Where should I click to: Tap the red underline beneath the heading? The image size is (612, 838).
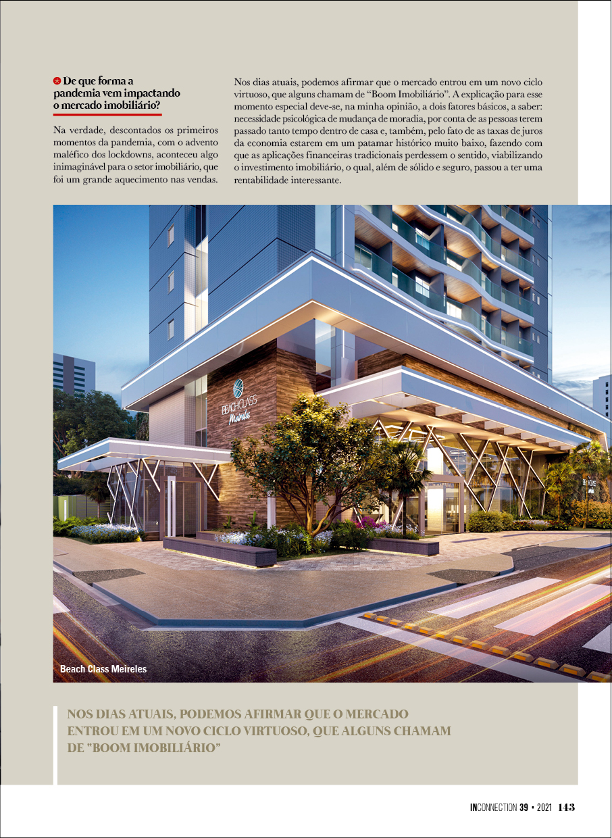click(x=107, y=114)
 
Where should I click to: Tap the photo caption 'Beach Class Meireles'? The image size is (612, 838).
click(x=103, y=670)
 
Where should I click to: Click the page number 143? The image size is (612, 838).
click(x=566, y=807)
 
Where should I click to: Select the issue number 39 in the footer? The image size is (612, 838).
click(x=524, y=807)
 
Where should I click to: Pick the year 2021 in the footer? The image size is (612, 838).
click(x=546, y=807)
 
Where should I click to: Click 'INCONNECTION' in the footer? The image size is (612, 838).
click(x=493, y=807)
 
